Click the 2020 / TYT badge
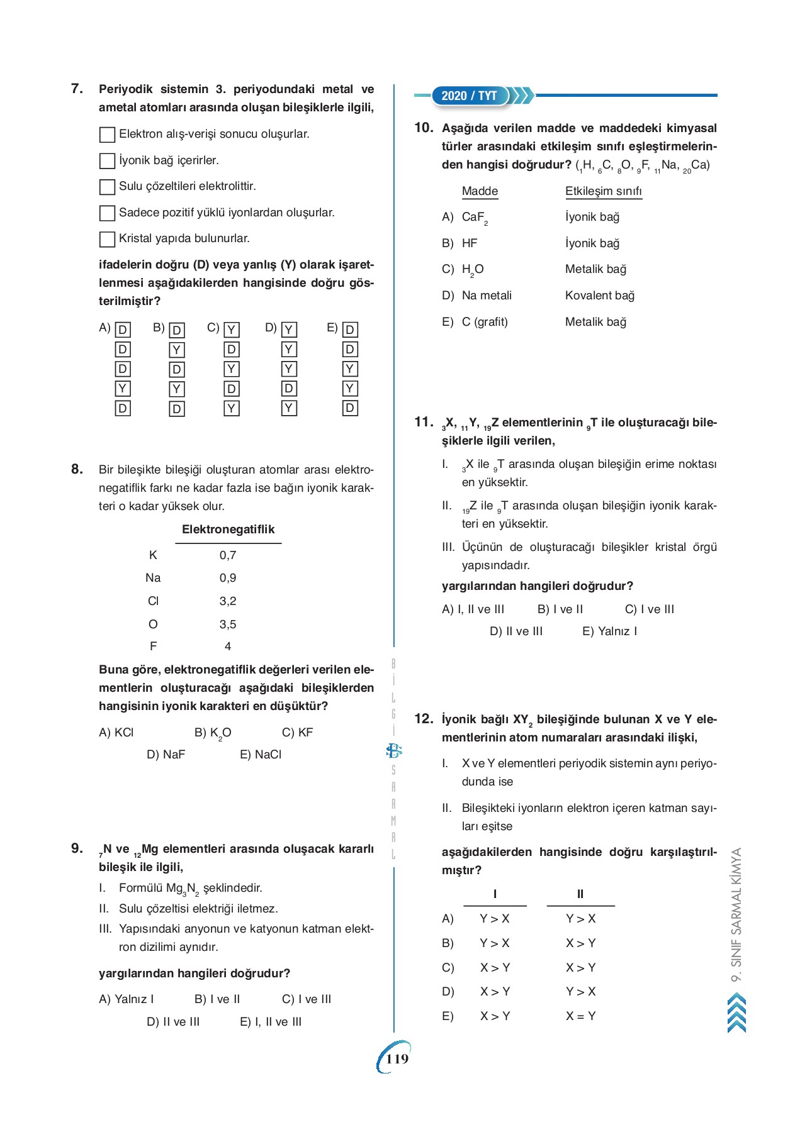coord(470,96)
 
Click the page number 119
coord(397,1058)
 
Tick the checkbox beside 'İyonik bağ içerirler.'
coord(107,161)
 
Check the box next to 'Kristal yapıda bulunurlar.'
coord(107,239)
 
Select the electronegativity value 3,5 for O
coord(228,624)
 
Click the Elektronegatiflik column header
coord(228,530)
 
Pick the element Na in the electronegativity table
coord(153,577)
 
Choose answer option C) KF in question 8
coord(297,732)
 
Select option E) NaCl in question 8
coord(261,754)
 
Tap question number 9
coord(77,848)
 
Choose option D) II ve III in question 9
coord(173,1021)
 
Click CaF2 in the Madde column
coord(475,217)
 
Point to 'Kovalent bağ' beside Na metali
coord(599,295)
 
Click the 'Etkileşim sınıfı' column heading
coord(603,191)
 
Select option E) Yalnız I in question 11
coord(609,631)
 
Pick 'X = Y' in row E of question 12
coord(580,1016)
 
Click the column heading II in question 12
coord(580,894)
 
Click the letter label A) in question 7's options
coord(104,328)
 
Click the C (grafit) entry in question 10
coord(484,321)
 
